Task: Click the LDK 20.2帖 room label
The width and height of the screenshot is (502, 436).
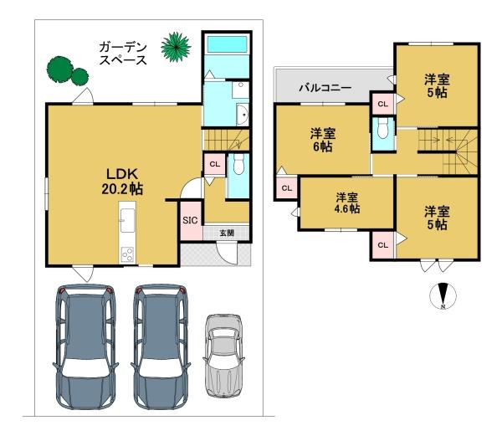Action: pyautogui.click(x=122, y=182)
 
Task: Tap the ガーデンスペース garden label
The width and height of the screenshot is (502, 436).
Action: pyautogui.click(x=123, y=54)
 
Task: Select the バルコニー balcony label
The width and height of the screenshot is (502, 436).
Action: pyautogui.click(x=325, y=87)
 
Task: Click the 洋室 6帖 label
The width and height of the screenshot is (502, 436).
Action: pyautogui.click(x=323, y=140)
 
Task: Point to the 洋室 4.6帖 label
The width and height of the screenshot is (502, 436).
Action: pyautogui.click(x=347, y=203)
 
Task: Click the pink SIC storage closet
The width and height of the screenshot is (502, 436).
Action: pyautogui.click(x=191, y=221)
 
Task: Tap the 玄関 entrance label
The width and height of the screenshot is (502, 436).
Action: pyautogui.click(x=227, y=233)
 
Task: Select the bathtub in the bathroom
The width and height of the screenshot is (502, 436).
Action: pyautogui.click(x=227, y=44)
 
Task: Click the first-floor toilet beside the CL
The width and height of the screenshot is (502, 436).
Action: pyautogui.click(x=238, y=164)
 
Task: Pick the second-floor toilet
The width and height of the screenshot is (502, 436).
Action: pyautogui.click(x=382, y=128)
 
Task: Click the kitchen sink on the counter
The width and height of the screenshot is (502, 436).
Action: pyautogui.click(x=127, y=220)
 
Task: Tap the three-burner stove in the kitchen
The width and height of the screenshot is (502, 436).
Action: pyautogui.click(x=127, y=254)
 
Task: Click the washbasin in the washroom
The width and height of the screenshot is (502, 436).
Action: pyautogui.click(x=243, y=115)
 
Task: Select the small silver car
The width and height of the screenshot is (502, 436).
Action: pyautogui.click(x=223, y=356)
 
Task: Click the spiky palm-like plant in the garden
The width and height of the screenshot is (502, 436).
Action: pyautogui.click(x=176, y=47)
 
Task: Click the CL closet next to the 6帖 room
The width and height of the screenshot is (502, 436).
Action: pyautogui.click(x=287, y=188)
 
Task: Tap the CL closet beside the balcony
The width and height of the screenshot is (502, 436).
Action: pyautogui.click(x=383, y=104)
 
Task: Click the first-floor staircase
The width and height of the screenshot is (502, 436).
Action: pyautogui.click(x=227, y=140)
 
